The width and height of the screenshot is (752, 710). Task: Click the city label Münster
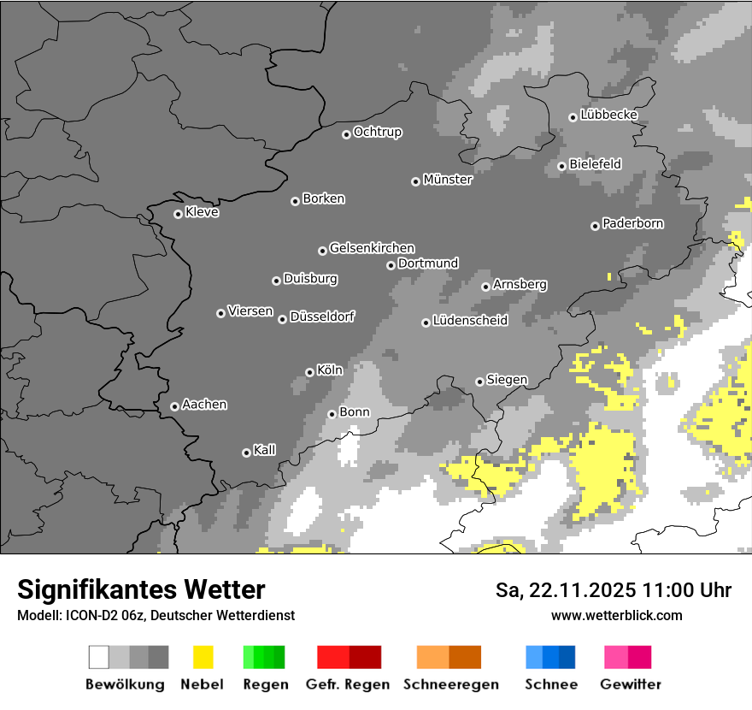click(448, 180)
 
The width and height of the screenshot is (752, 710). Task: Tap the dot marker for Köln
click(309, 372)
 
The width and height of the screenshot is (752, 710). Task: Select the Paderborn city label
click(633, 223)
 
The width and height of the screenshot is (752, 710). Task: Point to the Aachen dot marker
click(174, 406)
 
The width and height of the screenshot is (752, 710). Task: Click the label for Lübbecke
click(609, 115)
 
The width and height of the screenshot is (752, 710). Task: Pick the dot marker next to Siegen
click(479, 382)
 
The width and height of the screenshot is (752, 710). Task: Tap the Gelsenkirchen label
click(372, 248)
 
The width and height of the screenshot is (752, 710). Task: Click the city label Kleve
click(202, 212)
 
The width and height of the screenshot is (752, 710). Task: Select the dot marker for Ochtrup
click(346, 133)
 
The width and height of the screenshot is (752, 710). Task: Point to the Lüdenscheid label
click(470, 321)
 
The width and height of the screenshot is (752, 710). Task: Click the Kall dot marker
click(246, 453)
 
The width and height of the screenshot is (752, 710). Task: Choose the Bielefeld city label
click(595, 163)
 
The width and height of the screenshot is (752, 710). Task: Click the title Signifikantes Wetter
click(141, 589)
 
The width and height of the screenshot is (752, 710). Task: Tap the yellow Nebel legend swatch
click(203, 657)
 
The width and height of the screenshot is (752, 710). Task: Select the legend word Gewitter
click(631, 684)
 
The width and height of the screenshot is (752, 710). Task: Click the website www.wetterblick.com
click(616, 615)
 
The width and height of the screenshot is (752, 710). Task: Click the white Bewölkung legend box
click(99, 657)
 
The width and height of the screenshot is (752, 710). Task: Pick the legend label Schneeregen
click(449, 684)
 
